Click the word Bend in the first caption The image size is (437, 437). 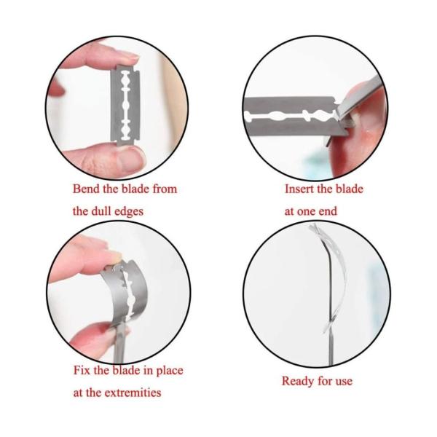pos(87,189)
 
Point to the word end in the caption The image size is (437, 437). pos(328,211)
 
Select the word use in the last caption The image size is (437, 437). pos(344,382)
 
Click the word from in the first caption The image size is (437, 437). pos(165,189)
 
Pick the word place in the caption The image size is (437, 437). pos(169,371)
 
